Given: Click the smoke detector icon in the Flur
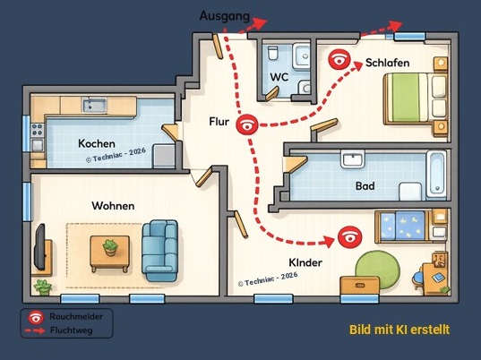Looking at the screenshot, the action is [247, 124].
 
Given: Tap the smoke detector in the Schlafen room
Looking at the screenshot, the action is [339, 59].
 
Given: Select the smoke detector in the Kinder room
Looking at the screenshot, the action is [349, 237].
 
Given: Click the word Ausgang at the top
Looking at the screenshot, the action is [225, 16].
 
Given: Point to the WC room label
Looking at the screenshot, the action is [279, 77].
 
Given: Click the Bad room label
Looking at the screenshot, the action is [365, 186].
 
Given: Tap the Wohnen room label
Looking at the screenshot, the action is [113, 205].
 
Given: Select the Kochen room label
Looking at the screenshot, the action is [97, 143].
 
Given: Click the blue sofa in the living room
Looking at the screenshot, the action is [159, 250].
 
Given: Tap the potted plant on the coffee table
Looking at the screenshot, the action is [110, 248].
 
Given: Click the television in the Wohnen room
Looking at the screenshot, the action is [40, 247].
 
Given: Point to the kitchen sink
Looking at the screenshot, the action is [94, 105].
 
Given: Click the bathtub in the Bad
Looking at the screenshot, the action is [436, 175].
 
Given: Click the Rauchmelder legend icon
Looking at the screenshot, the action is [36, 317].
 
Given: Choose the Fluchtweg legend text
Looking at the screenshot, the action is [71, 330].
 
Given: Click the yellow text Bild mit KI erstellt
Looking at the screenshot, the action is [399, 330].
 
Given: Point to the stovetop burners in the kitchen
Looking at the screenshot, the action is [38, 130].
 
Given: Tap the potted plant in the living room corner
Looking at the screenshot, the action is [43, 287].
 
